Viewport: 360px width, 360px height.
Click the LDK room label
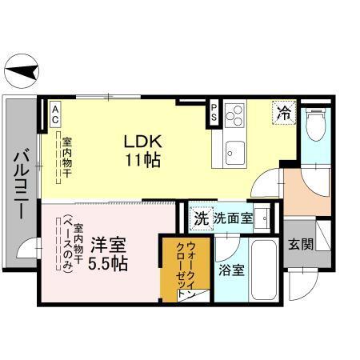pyautogui.click(x=142, y=141)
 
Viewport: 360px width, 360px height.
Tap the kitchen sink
pyautogui.click(x=235, y=148)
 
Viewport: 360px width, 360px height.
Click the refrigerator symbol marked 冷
pyautogui.click(x=284, y=112)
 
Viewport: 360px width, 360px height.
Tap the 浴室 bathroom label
pyautogui.click(x=232, y=270)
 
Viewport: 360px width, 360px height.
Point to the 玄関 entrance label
pyautogui.click(x=301, y=244)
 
